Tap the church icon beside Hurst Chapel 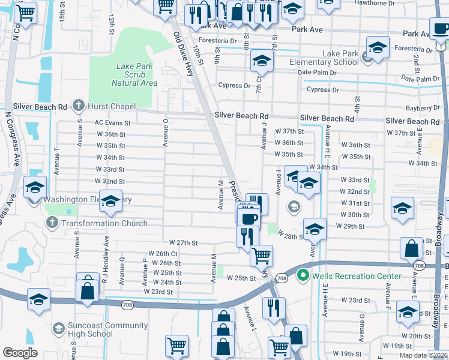78,106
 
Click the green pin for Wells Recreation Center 303,276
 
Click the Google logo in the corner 20,353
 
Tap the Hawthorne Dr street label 408,2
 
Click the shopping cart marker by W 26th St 261,255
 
